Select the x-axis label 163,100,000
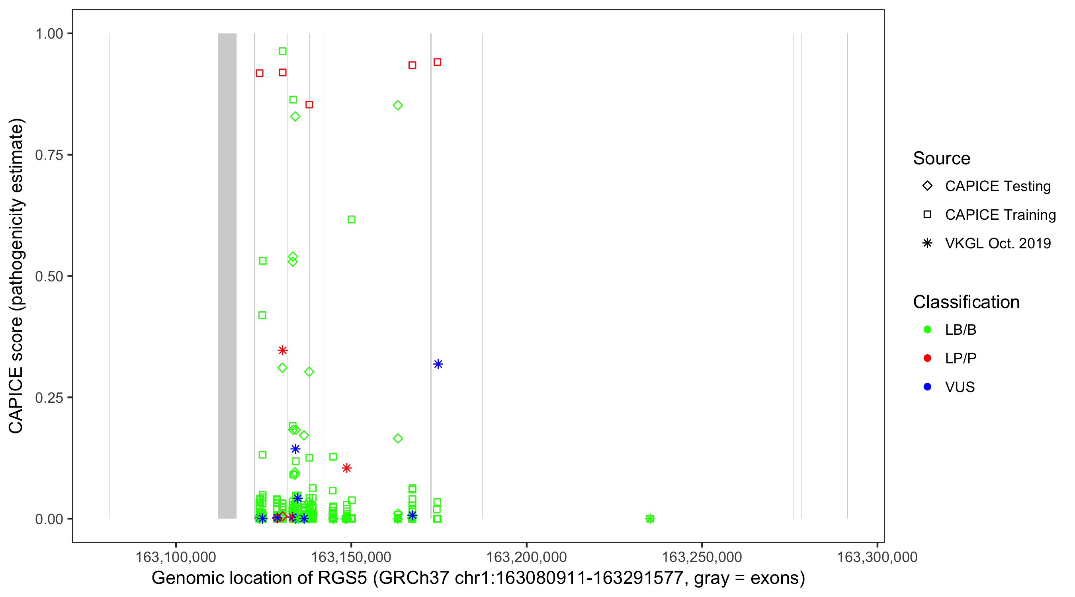(176, 557)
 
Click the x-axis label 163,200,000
(527, 557)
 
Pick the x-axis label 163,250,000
(702, 557)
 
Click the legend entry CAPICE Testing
(997, 186)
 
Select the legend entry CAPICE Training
(1000, 215)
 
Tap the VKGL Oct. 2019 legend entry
(997, 244)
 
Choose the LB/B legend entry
(960, 330)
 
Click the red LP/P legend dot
(927, 358)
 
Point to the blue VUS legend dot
(927, 387)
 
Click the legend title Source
(942, 158)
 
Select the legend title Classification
(966, 302)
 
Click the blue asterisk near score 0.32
(438, 364)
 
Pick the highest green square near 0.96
(283, 51)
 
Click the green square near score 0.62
(352, 219)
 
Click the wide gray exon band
(227, 275)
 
